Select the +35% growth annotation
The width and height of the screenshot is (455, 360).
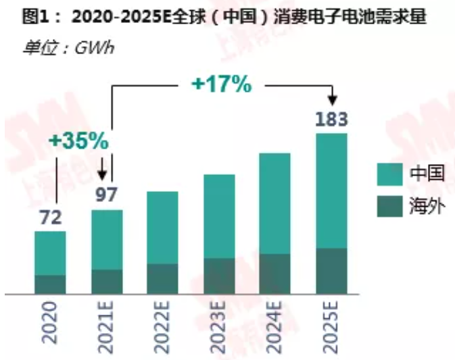pyautogui.click(x=78, y=140)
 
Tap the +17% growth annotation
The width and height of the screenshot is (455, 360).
pyautogui.click(x=222, y=84)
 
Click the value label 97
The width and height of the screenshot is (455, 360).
pyautogui.click(x=107, y=195)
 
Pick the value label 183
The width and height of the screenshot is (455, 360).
pyautogui.click(x=331, y=120)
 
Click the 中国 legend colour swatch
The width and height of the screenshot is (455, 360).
pyautogui.click(x=389, y=174)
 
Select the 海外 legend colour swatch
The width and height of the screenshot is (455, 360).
pyautogui.click(x=389, y=206)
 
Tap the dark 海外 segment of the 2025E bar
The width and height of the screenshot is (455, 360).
pyautogui.click(x=331, y=271)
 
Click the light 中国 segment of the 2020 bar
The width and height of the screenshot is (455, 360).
pyautogui.click(x=51, y=253)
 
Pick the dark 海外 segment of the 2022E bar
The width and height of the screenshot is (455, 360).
pyautogui.click(x=163, y=278)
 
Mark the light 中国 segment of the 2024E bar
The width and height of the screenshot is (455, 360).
pyautogui.click(x=275, y=203)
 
